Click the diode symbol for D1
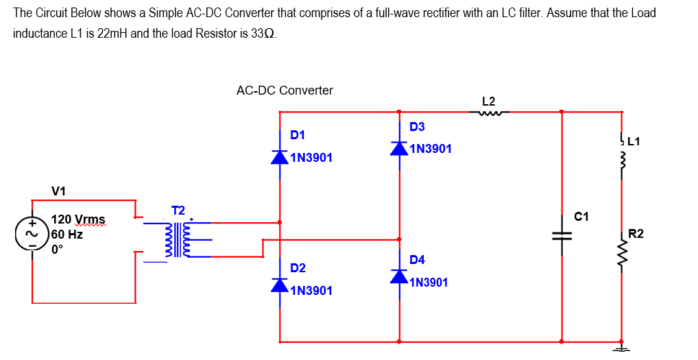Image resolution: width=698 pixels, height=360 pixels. (280, 157)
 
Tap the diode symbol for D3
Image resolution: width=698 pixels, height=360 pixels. (400, 148)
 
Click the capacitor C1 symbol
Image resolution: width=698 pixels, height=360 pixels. (562, 233)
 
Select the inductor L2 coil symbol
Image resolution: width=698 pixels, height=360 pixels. (493, 113)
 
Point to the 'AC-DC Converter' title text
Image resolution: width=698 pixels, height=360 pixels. (285, 91)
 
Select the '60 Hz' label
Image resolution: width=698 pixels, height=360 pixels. (68, 235)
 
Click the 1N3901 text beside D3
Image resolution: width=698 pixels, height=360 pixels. (431, 149)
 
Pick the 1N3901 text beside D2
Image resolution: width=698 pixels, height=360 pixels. (311, 291)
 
